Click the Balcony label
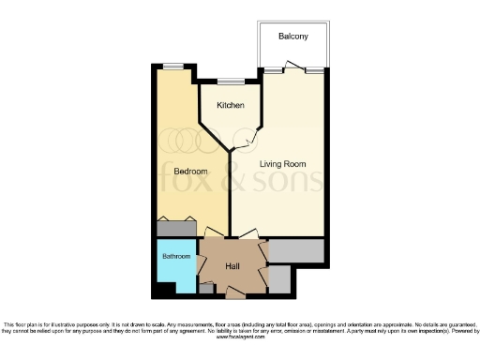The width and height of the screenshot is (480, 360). coord(292,37)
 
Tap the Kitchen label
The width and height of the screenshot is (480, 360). coord(231,105)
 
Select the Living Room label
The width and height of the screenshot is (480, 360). coord(284,164)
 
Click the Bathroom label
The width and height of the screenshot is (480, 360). coord(175,256)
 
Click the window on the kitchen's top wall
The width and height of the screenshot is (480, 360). coord(231,82)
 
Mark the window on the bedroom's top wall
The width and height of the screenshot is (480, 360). coord(173,65)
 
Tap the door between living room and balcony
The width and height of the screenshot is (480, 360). coord(294,68)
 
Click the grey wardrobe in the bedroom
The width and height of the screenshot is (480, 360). coord(175,227)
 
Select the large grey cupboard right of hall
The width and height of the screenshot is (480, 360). coord(296,250)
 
